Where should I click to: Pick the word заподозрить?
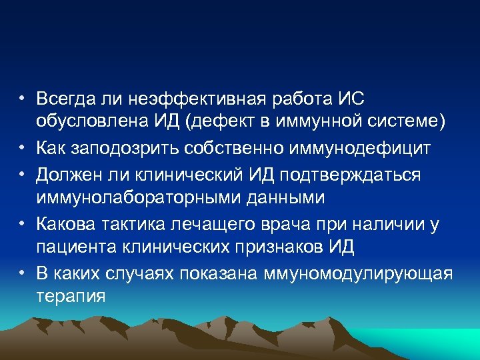coord(121,148)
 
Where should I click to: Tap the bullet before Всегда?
coord(22,99)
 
